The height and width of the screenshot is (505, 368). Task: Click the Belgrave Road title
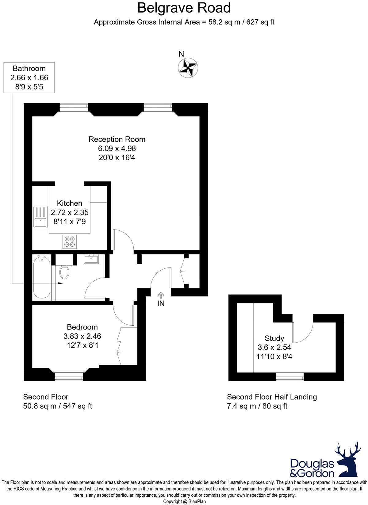[184, 8]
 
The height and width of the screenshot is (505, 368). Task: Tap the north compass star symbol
[188, 68]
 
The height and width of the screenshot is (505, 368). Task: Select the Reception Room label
[117, 139]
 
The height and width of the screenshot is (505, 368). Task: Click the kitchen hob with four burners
[70, 241]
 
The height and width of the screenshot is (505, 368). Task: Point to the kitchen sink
[40, 217]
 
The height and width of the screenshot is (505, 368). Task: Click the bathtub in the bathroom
[41, 278]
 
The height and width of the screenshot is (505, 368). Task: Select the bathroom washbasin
[91, 259]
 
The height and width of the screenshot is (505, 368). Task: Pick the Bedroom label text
[82, 327]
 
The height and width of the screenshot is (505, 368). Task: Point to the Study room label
[274, 338]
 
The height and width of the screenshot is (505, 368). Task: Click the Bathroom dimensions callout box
[29, 78]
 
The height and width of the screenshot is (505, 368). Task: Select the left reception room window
[74, 107]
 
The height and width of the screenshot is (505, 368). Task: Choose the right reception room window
[158, 107]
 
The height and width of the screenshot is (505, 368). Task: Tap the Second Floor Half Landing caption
[272, 397]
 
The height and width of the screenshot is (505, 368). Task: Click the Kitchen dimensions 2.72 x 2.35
[70, 212]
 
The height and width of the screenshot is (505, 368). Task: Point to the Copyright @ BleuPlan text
[184, 502]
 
